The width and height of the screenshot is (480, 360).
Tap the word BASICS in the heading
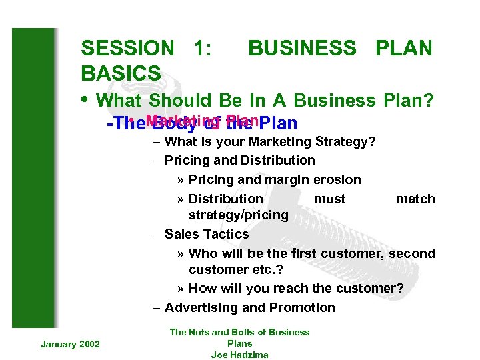pos(121,73)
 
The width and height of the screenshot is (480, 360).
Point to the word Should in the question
pos(179,101)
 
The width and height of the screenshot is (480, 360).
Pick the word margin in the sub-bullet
pos(288,179)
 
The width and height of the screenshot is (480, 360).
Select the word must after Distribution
pos(329,199)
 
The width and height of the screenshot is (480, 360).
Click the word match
pos(415,199)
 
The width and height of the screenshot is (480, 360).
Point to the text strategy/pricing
pos(238,215)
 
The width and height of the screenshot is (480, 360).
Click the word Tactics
pos(226,234)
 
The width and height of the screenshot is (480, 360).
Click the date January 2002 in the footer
pos(70,343)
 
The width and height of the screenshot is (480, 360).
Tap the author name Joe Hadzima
pos(239,355)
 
